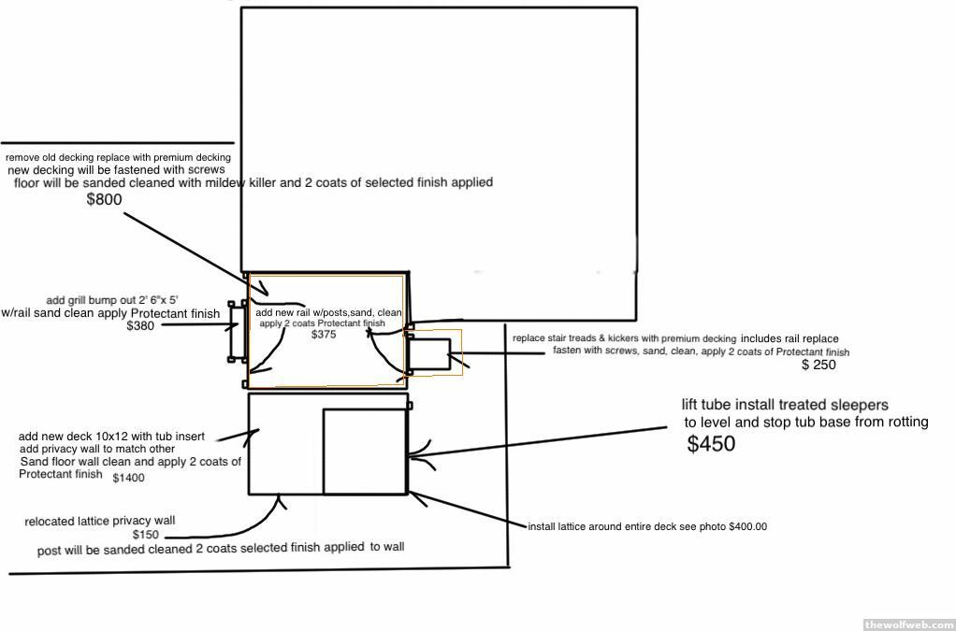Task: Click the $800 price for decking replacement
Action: point(104,199)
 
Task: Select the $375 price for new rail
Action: point(324,334)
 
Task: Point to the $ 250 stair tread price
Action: point(818,366)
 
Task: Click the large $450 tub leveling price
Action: point(711,445)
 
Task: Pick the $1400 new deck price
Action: point(129,478)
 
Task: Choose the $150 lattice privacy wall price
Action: point(146,535)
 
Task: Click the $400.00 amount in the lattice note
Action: point(747,526)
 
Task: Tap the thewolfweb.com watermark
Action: point(908,624)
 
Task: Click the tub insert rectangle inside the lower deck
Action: point(365,451)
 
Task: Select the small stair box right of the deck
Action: point(430,353)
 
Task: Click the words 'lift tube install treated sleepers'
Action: point(785,405)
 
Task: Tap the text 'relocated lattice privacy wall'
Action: point(100,521)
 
